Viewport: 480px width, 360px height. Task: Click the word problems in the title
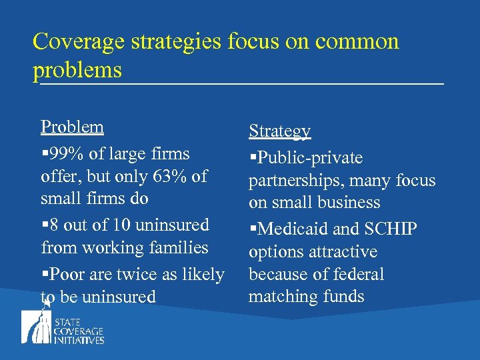point(77,69)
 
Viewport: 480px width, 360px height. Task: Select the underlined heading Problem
point(72,127)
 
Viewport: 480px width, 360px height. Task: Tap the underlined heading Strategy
point(279,131)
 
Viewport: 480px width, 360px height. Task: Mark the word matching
point(277,297)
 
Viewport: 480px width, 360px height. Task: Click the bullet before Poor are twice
point(44,275)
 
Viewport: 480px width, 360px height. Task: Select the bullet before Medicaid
point(253,230)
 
